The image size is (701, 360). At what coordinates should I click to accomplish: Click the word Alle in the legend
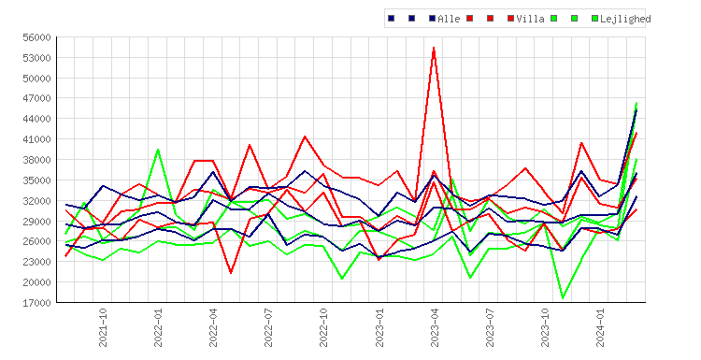[449, 19]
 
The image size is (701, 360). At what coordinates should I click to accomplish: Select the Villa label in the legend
[530, 19]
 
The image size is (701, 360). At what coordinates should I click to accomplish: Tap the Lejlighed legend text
[625, 19]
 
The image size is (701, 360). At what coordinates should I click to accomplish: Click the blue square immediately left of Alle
[433, 19]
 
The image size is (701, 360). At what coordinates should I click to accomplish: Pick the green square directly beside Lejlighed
[595, 19]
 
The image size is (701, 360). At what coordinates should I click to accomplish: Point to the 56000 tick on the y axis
[36, 37]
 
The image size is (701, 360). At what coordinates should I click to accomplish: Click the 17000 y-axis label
[36, 303]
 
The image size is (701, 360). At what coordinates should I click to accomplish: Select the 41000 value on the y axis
[36, 139]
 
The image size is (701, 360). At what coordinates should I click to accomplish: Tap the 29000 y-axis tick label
[36, 222]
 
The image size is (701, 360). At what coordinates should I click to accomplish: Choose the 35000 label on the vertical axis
[36, 180]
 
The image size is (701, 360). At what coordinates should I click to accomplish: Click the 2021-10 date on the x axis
[103, 327]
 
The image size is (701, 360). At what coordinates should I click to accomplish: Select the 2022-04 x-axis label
[213, 327]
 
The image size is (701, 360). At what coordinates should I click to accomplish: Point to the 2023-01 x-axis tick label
[379, 327]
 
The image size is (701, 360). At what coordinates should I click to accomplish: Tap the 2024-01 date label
[600, 327]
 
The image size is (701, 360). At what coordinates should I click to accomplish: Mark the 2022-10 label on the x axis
[323, 327]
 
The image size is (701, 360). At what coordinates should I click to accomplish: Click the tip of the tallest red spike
[434, 48]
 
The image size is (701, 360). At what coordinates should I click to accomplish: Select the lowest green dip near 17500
[563, 298]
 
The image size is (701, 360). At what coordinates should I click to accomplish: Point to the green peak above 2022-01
[158, 150]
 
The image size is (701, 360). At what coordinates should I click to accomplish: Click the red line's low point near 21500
[231, 273]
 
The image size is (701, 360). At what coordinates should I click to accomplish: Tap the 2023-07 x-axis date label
[490, 327]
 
